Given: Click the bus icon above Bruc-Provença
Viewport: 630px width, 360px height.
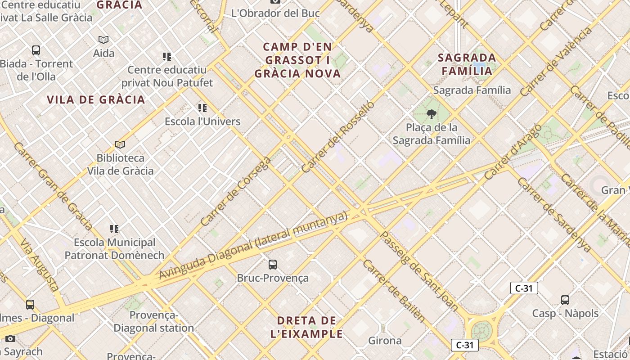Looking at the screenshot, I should coord(272,265).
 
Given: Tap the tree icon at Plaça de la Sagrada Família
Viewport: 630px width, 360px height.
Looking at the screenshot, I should coord(431,114).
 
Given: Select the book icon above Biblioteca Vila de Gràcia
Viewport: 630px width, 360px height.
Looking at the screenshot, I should coord(120,144).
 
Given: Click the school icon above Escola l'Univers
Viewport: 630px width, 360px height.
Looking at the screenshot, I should coord(202,108).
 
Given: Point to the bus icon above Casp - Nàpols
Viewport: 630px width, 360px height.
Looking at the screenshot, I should coord(565,300).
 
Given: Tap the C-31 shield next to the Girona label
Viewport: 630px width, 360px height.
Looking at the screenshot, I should coord(464,345).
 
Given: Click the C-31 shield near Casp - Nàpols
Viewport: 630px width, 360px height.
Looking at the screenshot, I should coord(524,288).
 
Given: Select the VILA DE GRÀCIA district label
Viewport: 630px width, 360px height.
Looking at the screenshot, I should coord(96,100).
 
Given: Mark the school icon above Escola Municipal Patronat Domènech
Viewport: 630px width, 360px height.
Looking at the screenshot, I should coord(114,229).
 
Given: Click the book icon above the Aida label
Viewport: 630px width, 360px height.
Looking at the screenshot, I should coord(103,40).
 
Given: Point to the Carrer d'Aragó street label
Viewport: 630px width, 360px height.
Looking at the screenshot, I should coord(512,152).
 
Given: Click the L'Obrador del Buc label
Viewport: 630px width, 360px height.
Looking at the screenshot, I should coord(275,13).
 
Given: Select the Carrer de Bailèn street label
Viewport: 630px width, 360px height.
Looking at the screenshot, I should coord(393,291).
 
